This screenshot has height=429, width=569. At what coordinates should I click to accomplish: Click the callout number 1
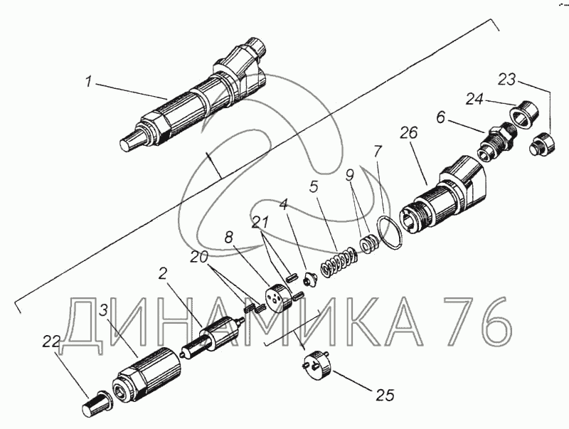tap(88, 81)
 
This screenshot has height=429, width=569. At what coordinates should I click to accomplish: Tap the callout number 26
tap(409, 133)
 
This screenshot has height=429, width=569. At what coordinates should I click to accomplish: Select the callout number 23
tap(506, 79)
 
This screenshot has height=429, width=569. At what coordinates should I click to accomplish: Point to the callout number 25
tap(385, 395)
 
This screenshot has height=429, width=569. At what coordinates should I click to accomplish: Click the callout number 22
tap(51, 341)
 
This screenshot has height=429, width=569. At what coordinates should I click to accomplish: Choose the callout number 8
tap(228, 238)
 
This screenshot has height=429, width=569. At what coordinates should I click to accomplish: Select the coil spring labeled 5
tap(339, 262)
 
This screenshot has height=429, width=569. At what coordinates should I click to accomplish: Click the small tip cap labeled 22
tap(96, 403)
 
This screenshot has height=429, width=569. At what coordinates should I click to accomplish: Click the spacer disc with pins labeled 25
tap(317, 365)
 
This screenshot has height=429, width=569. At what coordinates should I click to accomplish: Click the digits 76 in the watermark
tap(475, 320)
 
